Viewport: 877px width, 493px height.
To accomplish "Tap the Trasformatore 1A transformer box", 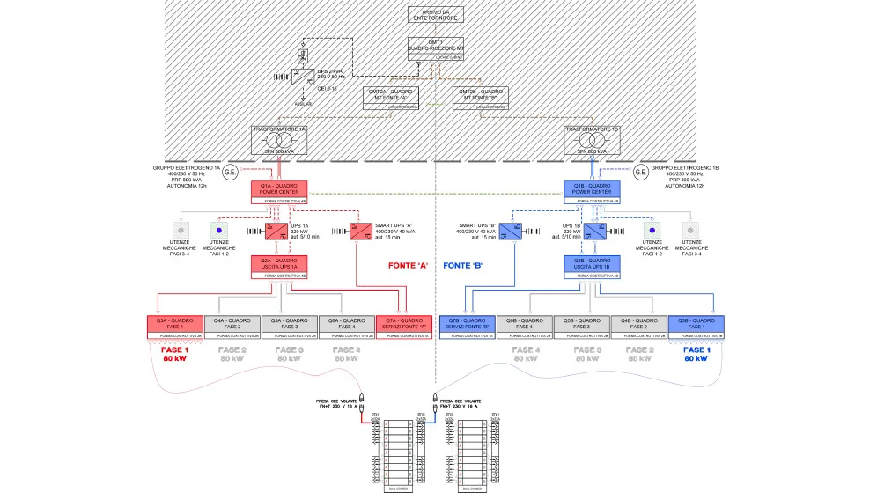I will point(279,140).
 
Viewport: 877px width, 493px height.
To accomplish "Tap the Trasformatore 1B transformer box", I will point(592,140).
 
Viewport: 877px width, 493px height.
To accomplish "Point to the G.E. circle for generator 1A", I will point(231,171).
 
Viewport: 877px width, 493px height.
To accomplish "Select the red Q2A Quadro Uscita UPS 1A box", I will point(279,265).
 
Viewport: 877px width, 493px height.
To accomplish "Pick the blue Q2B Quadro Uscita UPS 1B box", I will point(592,265).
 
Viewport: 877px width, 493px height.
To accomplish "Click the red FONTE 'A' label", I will point(408,265).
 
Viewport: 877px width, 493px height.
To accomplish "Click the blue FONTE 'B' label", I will point(463,265).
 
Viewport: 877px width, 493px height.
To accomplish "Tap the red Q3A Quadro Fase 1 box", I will point(174,326).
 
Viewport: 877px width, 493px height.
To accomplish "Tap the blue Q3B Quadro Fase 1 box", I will point(696,326).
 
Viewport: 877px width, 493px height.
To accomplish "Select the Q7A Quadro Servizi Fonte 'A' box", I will point(403,326).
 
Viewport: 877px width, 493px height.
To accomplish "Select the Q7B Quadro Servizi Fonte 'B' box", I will point(467,326).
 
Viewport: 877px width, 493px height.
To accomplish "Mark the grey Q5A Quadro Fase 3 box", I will point(289,326).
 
